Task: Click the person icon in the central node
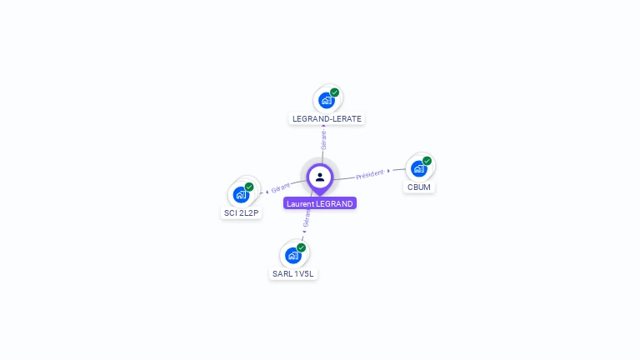pyautogui.click(x=320, y=177)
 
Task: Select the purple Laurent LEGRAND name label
pyautogui.click(x=320, y=203)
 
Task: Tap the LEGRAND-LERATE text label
pyautogui.click(x=327, y=119)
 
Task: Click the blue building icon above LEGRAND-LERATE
pyautogui.click(x=327, y=100)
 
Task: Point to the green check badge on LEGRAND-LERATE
pyautogui.click(x=335, y=92)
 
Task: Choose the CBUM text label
pyautogui.click(x=419, y=187)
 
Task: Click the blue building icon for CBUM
pyautogui.click(x=419, y=168)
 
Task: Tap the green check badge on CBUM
pyautogui.click(x=427, y=161)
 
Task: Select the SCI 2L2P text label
pyautogui.click(x=242, y=213)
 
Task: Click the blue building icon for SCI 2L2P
pyautogui.click(x=241, y=195)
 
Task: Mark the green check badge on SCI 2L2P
pyautogui.click(x=249, y=187)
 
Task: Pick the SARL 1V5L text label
pyautogui.click(x=294, y=274)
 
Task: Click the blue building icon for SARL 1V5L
pyautogui.click(x=292, y=255)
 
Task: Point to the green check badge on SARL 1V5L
pyautogui.click(x=301, y=247)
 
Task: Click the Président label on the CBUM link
pyautogui.click(x=370, y=174)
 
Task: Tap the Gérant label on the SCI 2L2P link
pyautogui.click(x=281, y=187)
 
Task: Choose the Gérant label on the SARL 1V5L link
pyautogui.click(x=307, y=218)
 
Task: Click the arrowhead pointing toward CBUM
pyautogui.click(x=389, y=171)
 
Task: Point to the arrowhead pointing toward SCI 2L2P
pyautogui.click(x=267, y=192)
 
